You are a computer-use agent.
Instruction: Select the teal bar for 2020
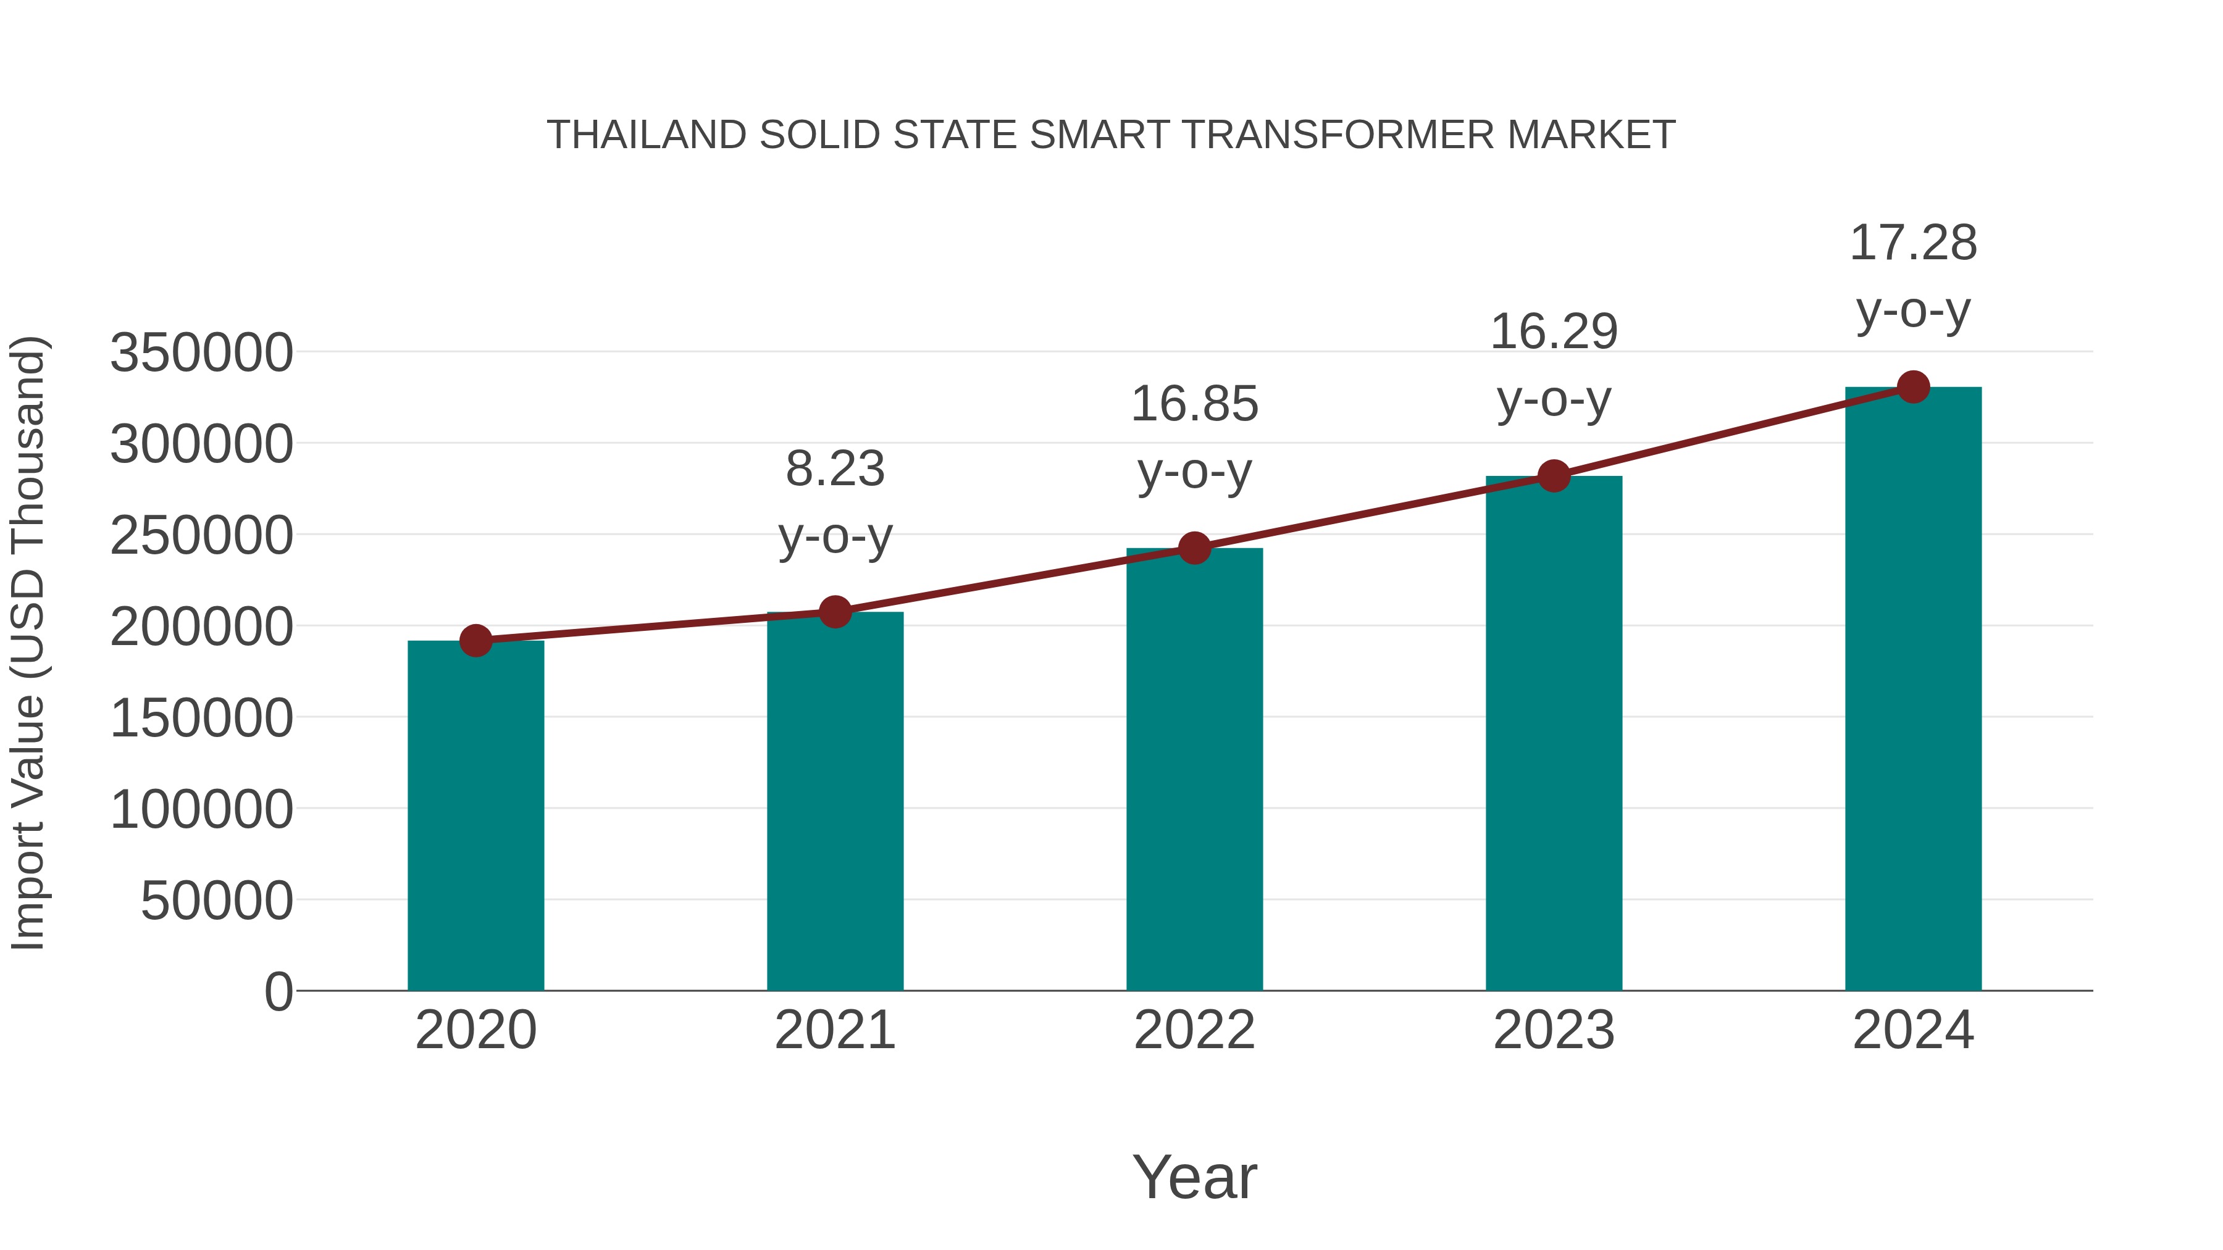pos(475,815)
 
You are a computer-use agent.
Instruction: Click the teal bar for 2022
pos(1194,769)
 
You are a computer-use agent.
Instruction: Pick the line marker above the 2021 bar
pos(834,612)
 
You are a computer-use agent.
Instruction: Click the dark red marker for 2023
pos(1554,475)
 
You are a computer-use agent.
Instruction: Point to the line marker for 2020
pos(475,640)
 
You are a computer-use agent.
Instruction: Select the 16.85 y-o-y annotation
pos(1194,438)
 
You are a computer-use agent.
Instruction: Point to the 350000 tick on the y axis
pos(201,353)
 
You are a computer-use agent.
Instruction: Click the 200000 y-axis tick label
pos(201,627)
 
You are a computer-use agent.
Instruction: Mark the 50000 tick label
pos(217,901)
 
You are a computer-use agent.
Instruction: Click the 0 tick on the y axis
pos(278,991)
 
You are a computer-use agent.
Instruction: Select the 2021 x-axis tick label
pos(834,1030)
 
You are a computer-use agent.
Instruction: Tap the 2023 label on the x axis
pos(1554,1030)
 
